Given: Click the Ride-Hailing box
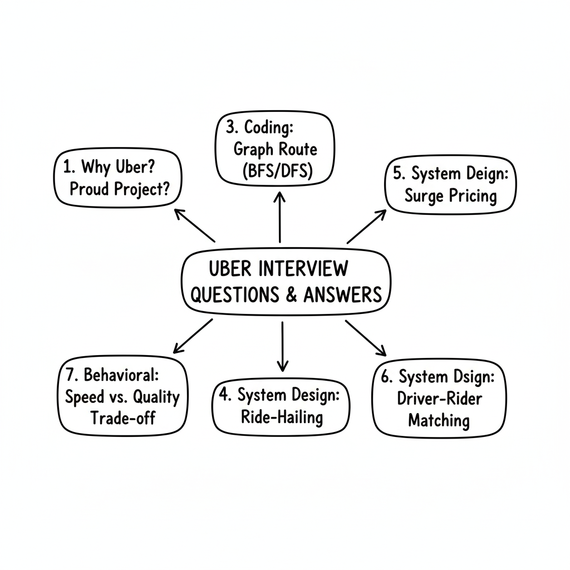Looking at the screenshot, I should pos(282,406).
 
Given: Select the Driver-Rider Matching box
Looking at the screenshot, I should pos(439,398).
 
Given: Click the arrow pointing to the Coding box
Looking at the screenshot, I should pos(279,217).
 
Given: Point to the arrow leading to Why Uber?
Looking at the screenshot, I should pos(195,226).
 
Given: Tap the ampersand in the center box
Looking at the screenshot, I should pos(291,294).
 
